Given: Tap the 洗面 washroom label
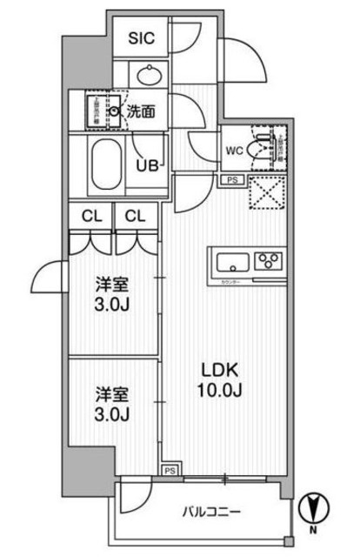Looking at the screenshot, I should pyautogui.click(x=141, y=111).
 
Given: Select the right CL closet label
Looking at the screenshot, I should pyautogui.click(x=134, y=215).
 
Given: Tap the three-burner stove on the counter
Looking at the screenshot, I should pyautogui.click(x=268, y=261).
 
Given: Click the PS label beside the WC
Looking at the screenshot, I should pyautogui.click(x=230, y=180).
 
